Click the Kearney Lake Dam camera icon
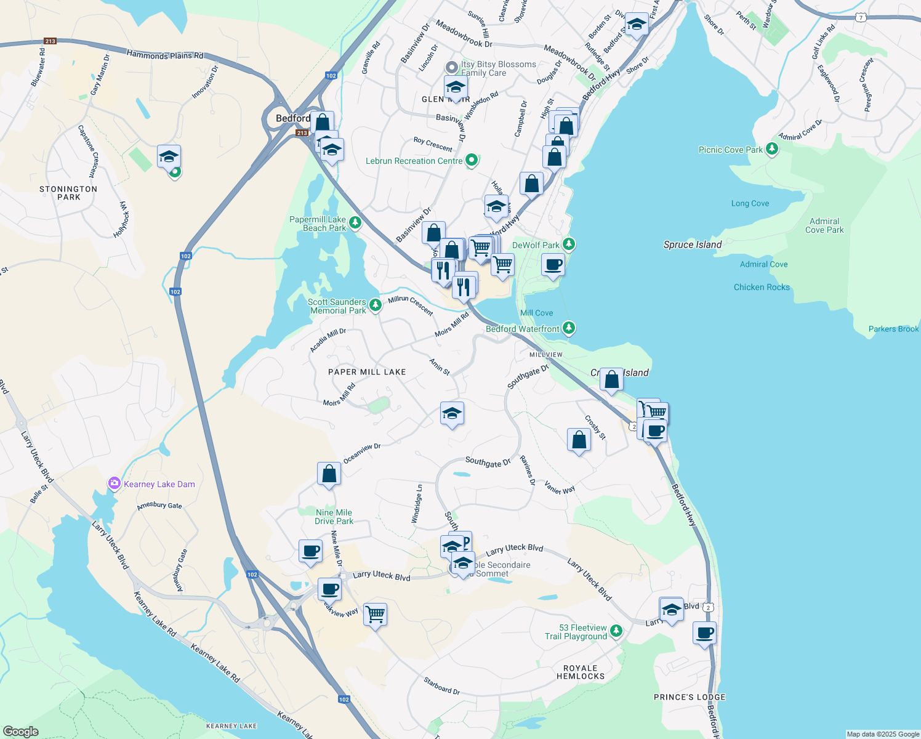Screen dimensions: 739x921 [x=114, y=483]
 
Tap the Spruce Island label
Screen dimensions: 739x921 [x=693, y=244]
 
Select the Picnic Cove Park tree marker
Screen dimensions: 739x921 [x=772, y=149]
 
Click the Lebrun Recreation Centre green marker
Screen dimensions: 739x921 [x=472, y=161]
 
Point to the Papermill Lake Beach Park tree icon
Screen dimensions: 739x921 [x=355, y=222]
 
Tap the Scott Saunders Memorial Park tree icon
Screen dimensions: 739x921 [x=375, y=305]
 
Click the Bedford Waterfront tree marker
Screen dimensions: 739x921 [x=569, y=328]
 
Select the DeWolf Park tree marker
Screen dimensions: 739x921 [x=569, y=244]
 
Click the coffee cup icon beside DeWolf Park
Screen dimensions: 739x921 [x=553, y=265]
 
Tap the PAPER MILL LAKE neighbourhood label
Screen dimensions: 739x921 [x=367, y=372]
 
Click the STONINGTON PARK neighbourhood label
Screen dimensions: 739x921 [x=68, y=193]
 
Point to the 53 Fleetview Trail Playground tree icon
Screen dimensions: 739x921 [x=616, y=631]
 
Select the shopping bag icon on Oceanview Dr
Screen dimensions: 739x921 [x=329, y=474]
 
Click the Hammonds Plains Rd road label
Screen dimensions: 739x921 [x=164, y=55]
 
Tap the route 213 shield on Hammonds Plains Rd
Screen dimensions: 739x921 [x=50, y=41]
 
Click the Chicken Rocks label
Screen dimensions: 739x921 [x=762, y=287]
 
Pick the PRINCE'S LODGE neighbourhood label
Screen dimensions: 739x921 [x=690, y=697]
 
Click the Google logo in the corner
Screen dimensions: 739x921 [x=20, y=731]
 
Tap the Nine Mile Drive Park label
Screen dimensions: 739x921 [x=334, y=517]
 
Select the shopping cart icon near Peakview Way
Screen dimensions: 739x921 [x=375, y=614]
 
